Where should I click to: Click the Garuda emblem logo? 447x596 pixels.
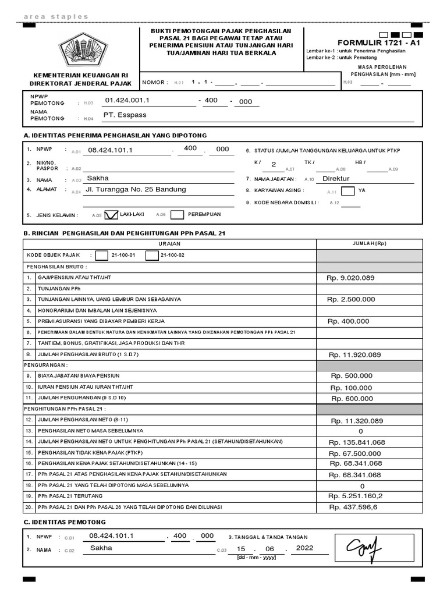(81, 49)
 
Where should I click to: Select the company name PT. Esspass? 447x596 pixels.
(125, 115)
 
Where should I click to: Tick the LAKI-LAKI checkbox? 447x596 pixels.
(111, 215)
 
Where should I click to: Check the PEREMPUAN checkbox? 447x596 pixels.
(178, 215)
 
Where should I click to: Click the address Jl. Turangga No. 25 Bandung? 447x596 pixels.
(136, 189)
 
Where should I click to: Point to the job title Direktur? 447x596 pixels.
(336, 179)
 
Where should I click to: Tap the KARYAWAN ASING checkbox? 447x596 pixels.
(347, 190)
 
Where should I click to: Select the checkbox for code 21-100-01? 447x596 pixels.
(101, 254)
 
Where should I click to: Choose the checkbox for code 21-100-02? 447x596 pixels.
(152, 254)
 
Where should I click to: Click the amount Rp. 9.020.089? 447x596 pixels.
(350, 278)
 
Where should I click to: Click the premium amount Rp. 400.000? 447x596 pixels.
(348, 321)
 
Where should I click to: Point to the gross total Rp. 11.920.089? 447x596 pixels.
(354, 354)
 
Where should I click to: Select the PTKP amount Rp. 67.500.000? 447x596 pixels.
(354, 453)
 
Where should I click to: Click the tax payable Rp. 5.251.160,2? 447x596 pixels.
(356, 496)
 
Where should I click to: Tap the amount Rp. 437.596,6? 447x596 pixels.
(353, 507)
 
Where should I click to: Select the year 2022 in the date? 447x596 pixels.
(304, 548)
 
